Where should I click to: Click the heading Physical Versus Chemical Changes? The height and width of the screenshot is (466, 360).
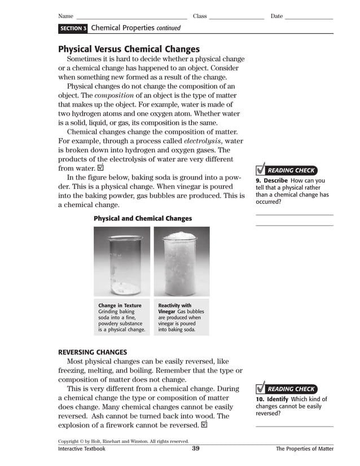[129, 49]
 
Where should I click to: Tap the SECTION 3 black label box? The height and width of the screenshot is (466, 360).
[73, 28]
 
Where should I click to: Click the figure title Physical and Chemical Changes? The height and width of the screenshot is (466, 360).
[143, 218]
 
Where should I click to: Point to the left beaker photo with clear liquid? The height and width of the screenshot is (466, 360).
[122, 261]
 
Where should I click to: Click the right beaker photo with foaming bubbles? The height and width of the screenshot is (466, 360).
[181, 261]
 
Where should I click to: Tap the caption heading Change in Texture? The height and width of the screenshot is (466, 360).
[120, 306]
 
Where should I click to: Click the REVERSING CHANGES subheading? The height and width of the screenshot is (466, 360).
[93, 353]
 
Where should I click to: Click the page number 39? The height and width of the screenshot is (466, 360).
[196, 449]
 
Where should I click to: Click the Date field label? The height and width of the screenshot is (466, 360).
[276, 16]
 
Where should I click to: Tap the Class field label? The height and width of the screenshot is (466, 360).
[200, 16]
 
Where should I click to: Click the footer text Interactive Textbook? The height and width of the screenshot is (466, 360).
[82, 449]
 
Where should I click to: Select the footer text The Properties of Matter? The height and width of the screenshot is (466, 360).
[304, 449]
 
